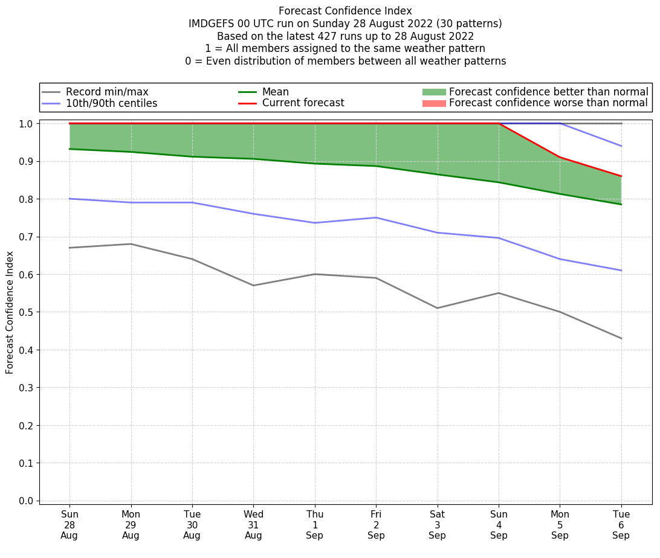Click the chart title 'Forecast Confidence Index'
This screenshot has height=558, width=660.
(x=345, y=11)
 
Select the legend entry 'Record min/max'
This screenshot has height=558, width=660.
(x=106, y=92)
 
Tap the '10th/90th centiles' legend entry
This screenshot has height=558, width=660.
(x=111, y=103)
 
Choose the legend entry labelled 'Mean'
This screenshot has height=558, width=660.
(x=275, y=92)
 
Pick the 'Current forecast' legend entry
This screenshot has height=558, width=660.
(x=303, y=103)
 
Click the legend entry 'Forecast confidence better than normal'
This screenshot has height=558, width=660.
(x=548, y=92)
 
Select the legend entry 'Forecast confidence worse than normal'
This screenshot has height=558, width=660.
(x=548, y=103)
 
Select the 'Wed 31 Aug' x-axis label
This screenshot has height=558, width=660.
(x=253, y=524)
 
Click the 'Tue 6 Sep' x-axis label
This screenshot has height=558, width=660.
(x=621, y=524)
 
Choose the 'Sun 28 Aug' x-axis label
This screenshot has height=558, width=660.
(x=70, y=524)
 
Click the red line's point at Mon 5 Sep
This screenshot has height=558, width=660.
(x=560, y=157)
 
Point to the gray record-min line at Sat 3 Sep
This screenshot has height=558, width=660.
(x=438, y=308)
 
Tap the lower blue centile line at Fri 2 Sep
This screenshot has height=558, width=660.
(x=376, y=217)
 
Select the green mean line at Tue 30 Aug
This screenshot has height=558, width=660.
(x=192, y=156)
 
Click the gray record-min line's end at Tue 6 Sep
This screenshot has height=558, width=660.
(x=621, y=338)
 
